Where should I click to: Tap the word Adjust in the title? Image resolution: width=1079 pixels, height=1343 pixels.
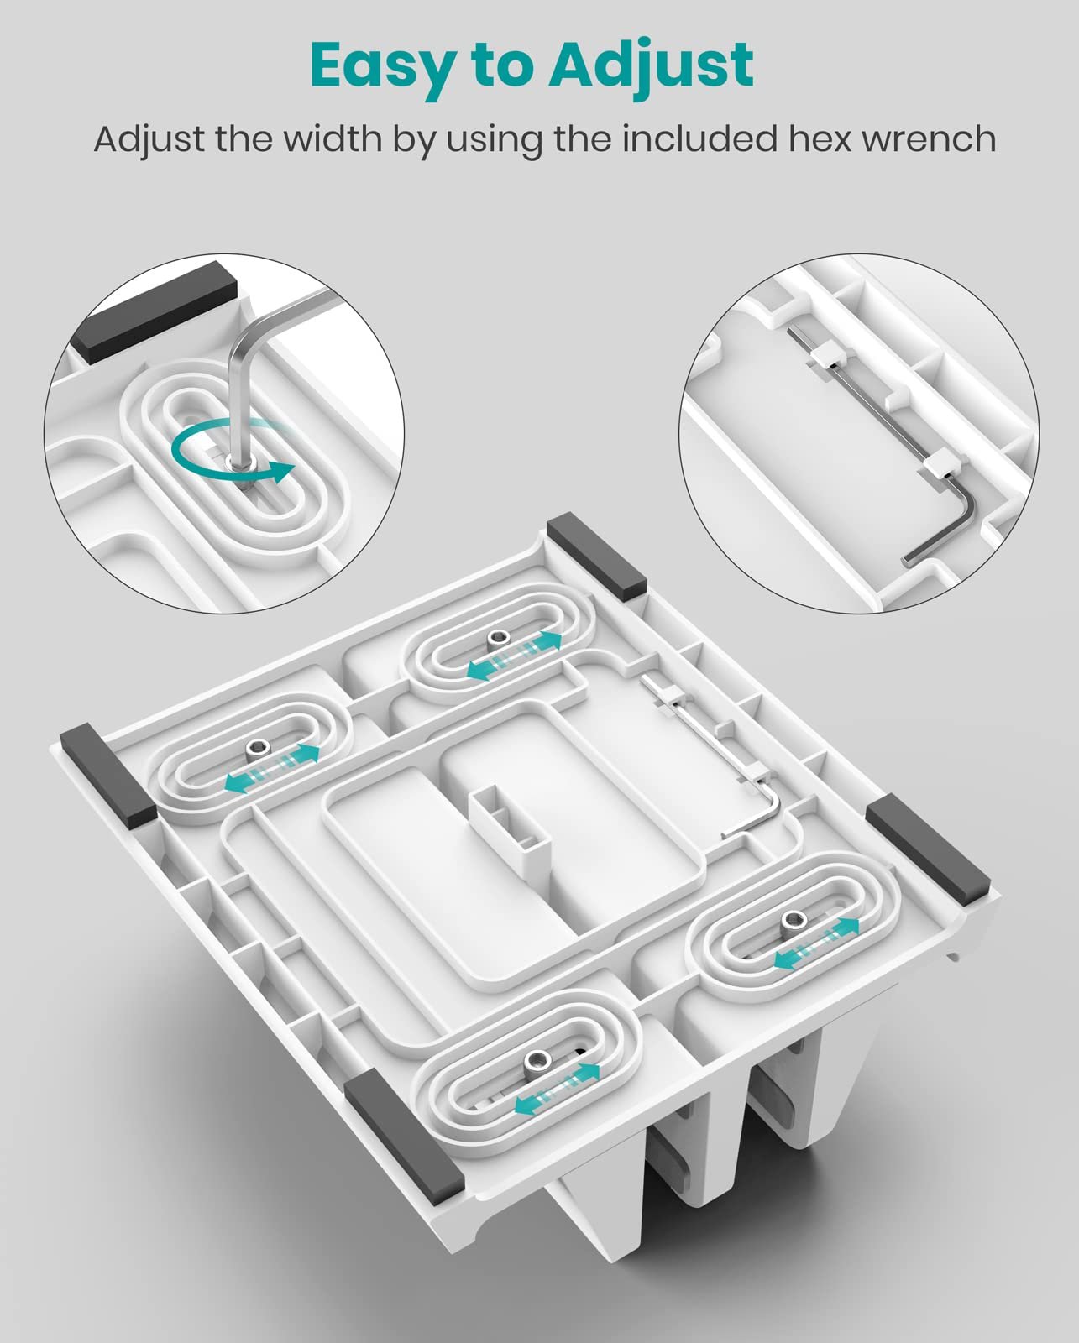coord(652,66)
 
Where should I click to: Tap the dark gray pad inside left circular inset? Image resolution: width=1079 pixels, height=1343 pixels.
coord(155,312)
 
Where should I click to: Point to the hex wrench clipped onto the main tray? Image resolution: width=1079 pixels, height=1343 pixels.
coord(712,756)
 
